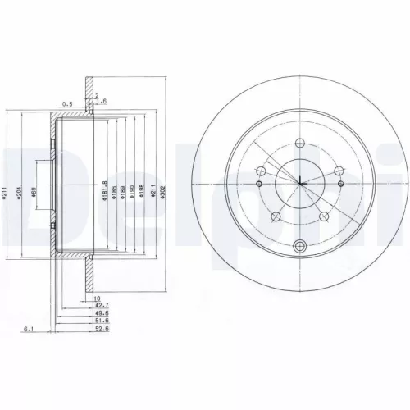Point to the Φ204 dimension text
pyautogui.click(x=18, y=194)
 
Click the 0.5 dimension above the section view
pyautogui.click(x=67, y=103)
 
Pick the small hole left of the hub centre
pyautogui.click(x=260, y=171)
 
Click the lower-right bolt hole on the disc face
pyautogui.click(x=325, y=216)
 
